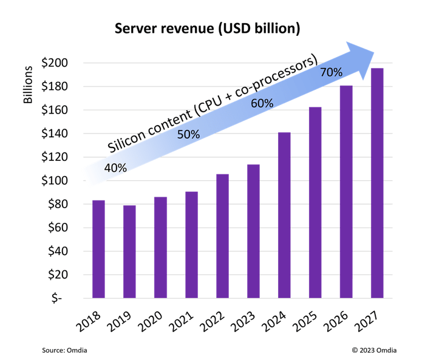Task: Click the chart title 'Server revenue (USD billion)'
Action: (x=208, y=29)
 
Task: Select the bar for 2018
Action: (x=98, y=249)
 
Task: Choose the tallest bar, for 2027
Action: (x=377, y=183)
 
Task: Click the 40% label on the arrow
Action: (x=115, y=168)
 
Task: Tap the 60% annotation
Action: (x=262, y=103)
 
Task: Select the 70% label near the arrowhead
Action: (x=331, y=72)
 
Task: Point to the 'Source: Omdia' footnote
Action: (x=64, y=350)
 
